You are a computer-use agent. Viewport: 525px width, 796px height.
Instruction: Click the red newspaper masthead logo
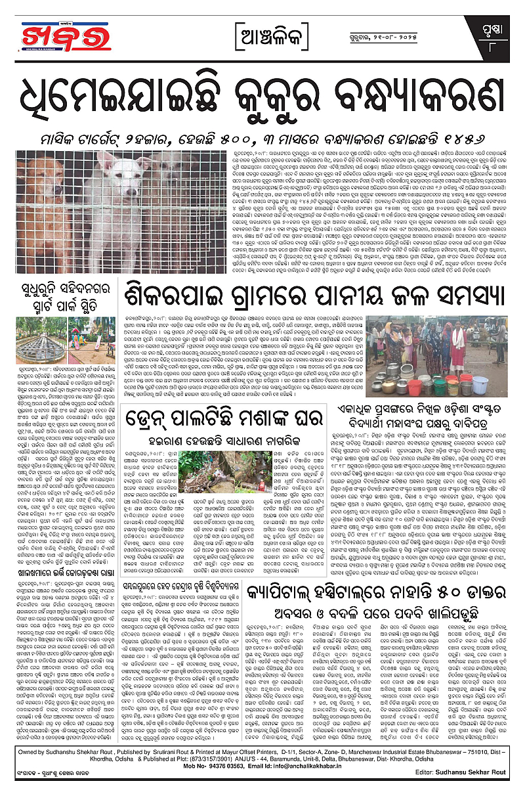tap(49, 35)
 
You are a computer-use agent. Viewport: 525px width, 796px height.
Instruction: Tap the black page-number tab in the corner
tap(493, 37)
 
